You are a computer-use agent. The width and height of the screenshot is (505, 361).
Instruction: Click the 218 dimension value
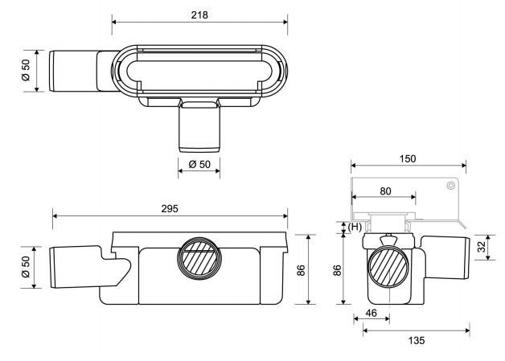tap(199, 14)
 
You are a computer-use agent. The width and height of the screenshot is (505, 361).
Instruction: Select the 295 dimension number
tap(170, 209)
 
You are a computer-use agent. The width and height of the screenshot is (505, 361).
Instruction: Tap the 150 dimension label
tap(408, 158)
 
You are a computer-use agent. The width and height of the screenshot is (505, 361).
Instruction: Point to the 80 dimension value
tap(385, 191)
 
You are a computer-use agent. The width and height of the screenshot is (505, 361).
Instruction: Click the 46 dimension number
tap(371, 313)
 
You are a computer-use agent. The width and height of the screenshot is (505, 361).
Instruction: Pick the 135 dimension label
tap(417, 340)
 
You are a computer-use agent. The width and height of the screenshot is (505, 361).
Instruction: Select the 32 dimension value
tap(481, 247)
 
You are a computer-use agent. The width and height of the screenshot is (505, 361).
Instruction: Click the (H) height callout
tap(355, 227)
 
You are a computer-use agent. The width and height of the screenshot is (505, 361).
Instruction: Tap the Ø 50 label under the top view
tap(199, 164)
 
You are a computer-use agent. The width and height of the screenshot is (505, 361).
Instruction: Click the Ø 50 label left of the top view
tap(26, 70)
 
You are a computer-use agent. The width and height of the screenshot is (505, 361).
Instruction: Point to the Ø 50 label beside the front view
tap(26, 267)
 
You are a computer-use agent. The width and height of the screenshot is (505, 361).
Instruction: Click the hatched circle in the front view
tap(199, 259)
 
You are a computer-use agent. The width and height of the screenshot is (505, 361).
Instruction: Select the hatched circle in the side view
tap(388, 267)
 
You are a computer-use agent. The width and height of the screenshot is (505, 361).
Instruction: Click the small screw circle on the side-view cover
tap(451, 186)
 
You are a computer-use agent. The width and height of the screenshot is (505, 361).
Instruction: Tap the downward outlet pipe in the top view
tap(199, 127)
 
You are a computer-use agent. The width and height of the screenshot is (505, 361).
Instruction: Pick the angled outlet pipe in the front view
tap(90, 267)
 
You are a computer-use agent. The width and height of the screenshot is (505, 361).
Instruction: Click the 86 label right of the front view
tap(301, 270)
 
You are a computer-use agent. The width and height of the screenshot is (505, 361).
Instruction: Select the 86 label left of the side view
tap(337, 270)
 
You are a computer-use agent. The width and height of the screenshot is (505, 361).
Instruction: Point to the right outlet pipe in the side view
tap(445, 257)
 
